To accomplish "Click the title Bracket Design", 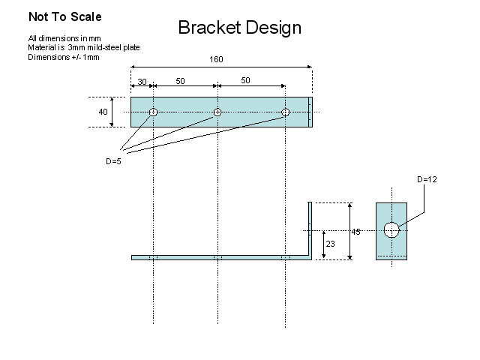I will point(239,28).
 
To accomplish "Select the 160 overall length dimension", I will point(216,59).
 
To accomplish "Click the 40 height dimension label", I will point(103,112).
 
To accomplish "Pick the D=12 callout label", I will point(426,179).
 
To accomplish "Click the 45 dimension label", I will point(356,232).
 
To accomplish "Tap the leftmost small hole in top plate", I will point(152,112).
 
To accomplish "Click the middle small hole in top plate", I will point(217,112).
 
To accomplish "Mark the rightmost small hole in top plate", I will point(285,112).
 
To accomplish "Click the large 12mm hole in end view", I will point(391,229).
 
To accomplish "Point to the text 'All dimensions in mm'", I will point(64,38).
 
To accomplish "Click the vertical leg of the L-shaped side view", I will point(308,229).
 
